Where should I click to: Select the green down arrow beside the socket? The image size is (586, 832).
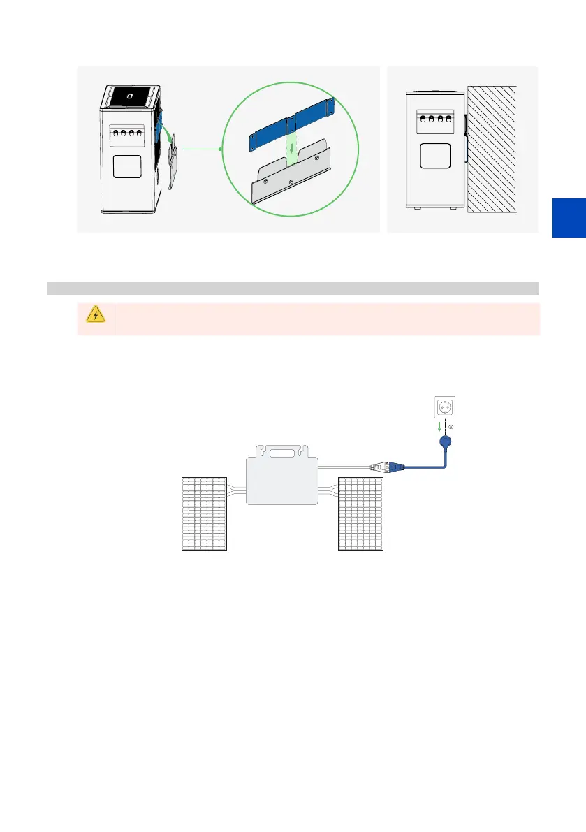coord(438,426)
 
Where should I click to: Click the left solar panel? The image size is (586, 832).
coord(204,513)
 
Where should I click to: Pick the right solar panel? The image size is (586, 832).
coord(360,513)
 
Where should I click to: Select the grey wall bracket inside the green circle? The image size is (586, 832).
coord(290,182)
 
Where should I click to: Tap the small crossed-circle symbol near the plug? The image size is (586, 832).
coord(451,426)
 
